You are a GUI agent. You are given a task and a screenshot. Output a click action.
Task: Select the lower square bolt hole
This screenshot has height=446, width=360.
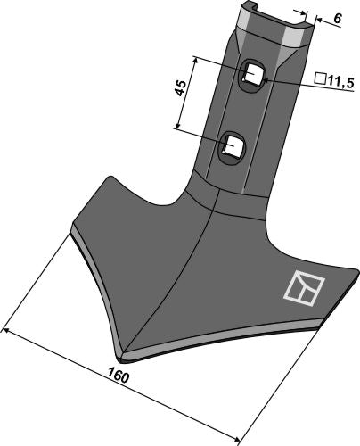[x=233, y=144]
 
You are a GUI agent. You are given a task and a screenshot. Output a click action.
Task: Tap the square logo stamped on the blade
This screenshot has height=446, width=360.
[x=300, y=286]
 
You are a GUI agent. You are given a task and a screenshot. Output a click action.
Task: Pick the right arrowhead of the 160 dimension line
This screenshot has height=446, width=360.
[x=238, y=437]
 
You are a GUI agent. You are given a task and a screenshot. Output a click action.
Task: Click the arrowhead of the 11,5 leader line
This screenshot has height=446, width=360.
[x=264, y=80]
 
